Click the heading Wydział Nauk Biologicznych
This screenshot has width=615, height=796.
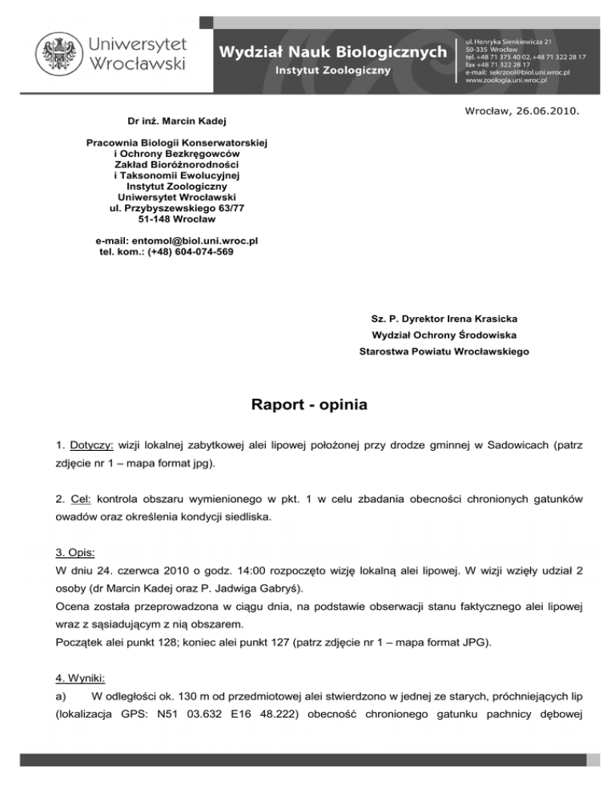(x=333, y=51)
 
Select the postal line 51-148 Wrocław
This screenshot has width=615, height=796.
(x=177, y=219)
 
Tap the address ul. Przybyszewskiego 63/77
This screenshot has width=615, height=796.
(x=177, y=208)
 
